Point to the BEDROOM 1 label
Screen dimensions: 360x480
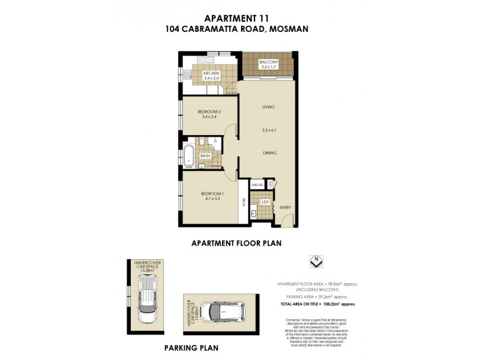tap(212, 193)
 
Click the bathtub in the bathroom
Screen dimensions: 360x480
tap(189, 155)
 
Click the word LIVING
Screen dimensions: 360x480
tap(268, 107)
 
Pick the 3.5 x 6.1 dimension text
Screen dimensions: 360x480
tap(269, 130)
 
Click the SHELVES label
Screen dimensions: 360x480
tap(257, 184)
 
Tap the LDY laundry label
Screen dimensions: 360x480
tap(265, 202)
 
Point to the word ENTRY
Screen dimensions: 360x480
tap(285, 208)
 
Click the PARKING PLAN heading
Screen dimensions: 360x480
tap(191, 348)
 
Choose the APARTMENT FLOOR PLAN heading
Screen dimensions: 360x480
tap(236, 244)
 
